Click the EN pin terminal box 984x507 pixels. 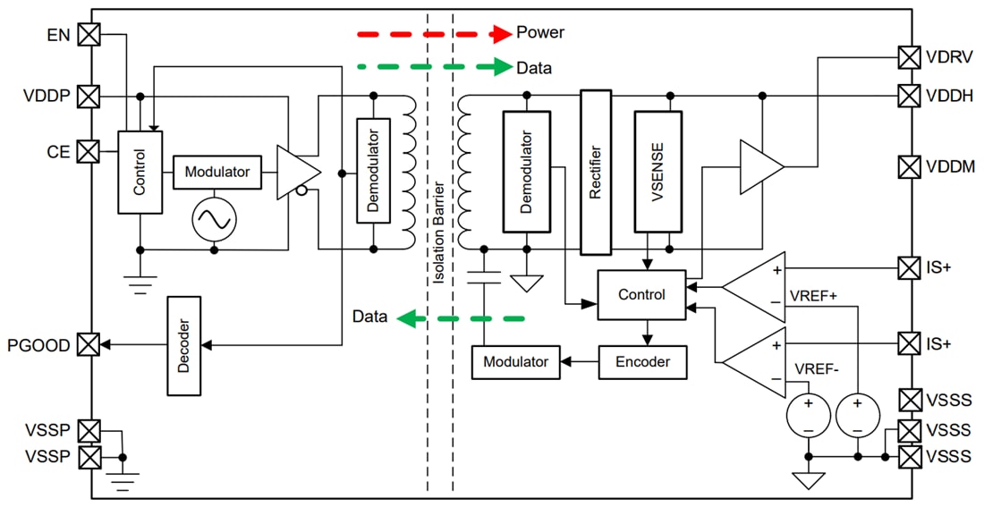tap(89, 35)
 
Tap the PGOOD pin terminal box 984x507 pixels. tap(89, 343)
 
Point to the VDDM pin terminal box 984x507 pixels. tap(909, 166)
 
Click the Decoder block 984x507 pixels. tap(184, 345)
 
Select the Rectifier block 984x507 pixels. tap(596, 172)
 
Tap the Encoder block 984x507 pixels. tap(642, 362)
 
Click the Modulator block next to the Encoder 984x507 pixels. tap(515, 362)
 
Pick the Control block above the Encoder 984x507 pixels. tap(641, 294)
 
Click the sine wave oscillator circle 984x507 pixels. tap(215, 218)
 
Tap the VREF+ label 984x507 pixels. tap(812, 296)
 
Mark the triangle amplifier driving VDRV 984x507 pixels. tap(759, 166)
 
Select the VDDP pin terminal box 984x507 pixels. tap(89, 96)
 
